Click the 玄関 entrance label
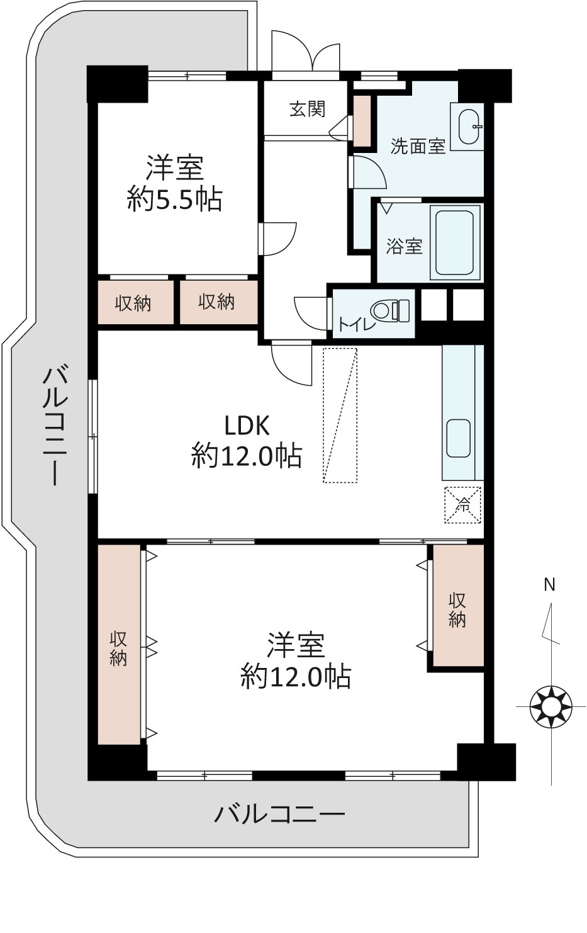point(307,109)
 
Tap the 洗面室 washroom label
point(418,146)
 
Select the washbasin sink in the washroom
point(470,127)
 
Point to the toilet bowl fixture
point(390,311)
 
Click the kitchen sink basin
point(459,438)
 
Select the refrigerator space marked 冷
point(463,505)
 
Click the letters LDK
point(247,426)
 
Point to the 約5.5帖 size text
point(174,200)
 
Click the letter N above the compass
point(549,585)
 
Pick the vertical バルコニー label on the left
point(55,425)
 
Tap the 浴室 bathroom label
point(405,246)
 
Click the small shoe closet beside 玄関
point(362,120)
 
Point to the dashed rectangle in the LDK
point(340,416)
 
